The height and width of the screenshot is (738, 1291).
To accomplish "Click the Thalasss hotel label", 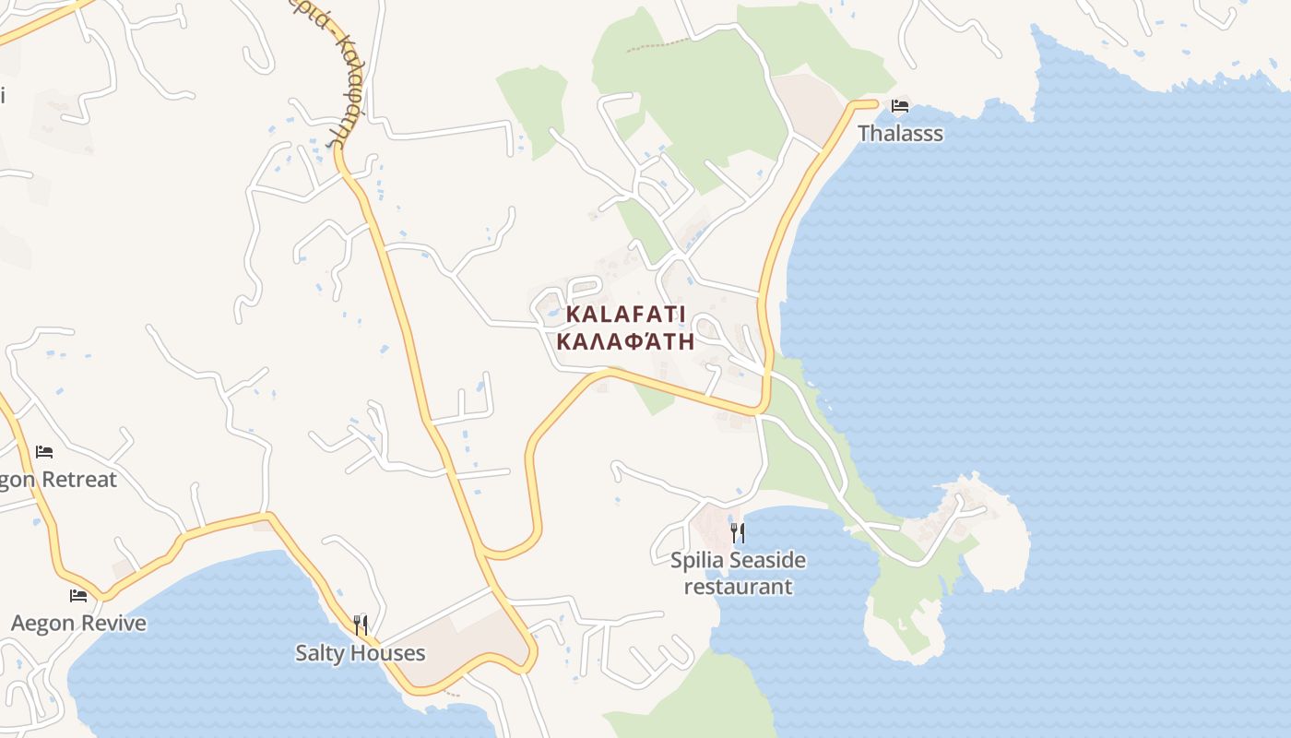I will coord(900,134).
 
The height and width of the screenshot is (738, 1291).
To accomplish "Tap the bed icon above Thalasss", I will coord(900,106).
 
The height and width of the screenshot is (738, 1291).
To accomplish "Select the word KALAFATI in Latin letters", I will coord(625,314).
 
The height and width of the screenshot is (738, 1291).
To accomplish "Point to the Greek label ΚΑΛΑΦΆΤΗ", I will coord(625,341).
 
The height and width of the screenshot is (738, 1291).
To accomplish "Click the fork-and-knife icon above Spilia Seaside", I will coord(737,533).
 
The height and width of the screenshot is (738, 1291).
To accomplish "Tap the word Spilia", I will coord(698,561).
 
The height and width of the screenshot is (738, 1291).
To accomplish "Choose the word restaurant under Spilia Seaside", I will coord(738,587).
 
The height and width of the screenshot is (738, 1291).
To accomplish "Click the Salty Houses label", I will coord(360,653).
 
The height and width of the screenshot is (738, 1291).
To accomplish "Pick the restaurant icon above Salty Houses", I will coord(361,625).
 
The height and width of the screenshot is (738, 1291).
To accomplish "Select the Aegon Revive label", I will coord(78,624).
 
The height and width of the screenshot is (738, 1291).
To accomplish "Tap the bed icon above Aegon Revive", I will coord(78,596).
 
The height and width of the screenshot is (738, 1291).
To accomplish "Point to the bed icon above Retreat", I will coord(44,452).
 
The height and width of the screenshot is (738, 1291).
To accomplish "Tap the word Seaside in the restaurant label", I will coord(767,561).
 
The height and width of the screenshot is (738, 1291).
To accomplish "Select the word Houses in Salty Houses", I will coord(387,653).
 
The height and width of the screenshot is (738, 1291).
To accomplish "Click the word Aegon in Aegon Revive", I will coord(42,624).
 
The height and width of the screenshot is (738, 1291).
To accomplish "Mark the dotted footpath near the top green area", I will coord(657,44).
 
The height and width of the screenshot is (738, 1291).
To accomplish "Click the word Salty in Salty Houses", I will coord(319,653).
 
